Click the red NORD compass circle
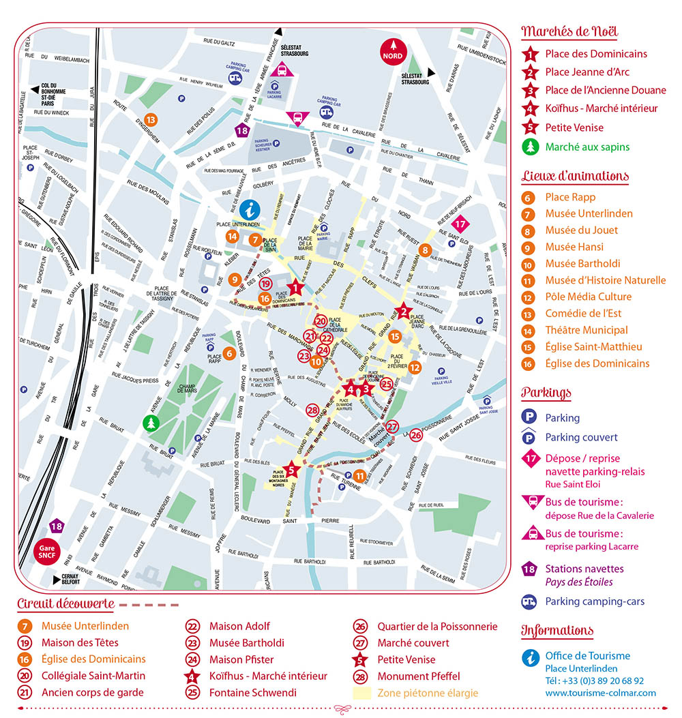(x=392, y=52)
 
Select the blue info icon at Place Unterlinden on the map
(x=250, y=209)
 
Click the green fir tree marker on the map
(x=150, y=423)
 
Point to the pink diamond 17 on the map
(x=461, y=224)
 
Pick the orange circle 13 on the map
(x=151, y=120)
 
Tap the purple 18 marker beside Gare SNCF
(x=57, y=526)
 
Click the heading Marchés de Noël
(x=569, y=31)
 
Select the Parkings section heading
(x=546, y=393)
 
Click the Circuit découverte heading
(x=66, y=603)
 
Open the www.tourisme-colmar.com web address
(x=600, y=693)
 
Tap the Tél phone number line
(x=594, y=680)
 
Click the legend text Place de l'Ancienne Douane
(x=606, y=90)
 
